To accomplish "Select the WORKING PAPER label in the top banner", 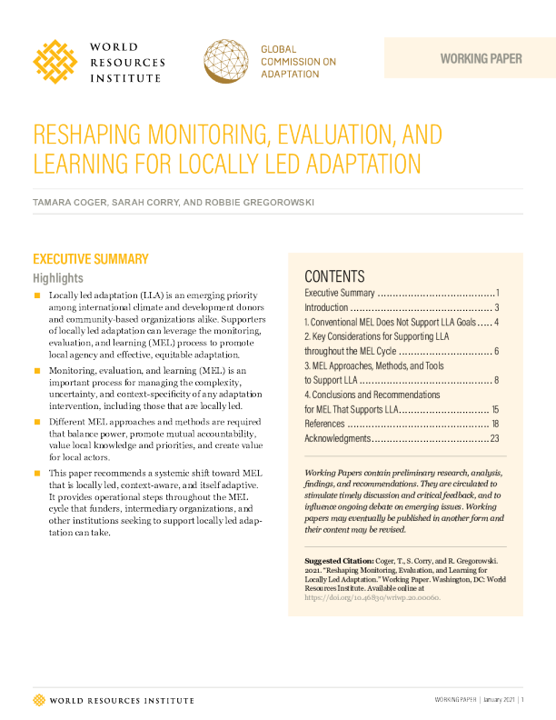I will coord(481,59).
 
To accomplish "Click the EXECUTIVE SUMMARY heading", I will coord(90,259).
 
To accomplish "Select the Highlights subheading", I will coord(58,278).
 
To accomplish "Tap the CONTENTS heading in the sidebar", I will coord(334,276).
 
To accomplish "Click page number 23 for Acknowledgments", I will coord(495,438).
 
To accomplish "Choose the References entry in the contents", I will coord(323,424).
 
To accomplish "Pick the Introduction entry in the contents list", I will coord(328,308).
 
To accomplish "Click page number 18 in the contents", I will coord(495,424).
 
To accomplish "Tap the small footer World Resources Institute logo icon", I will coord(38,699).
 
